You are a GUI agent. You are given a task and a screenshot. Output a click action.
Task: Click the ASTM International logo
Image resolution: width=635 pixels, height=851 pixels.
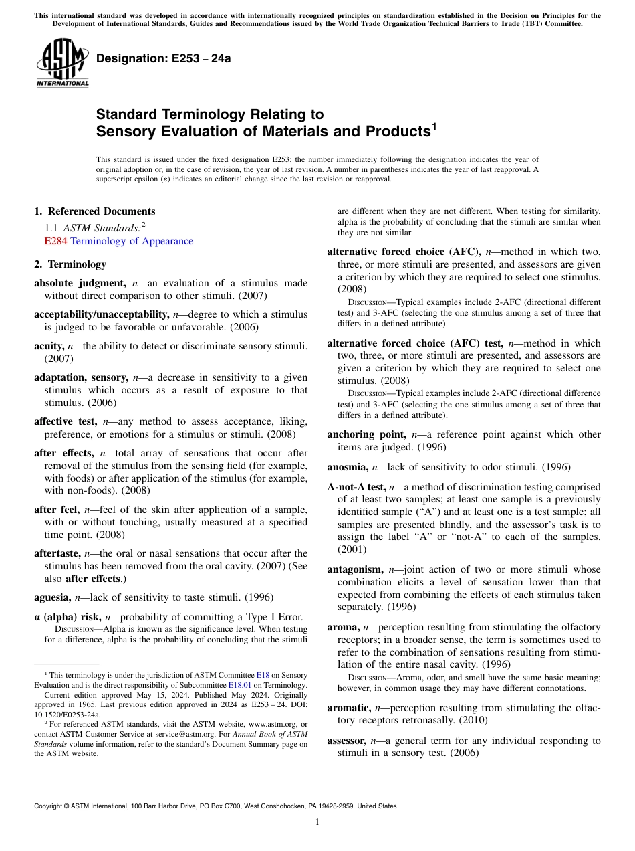pos(62,63)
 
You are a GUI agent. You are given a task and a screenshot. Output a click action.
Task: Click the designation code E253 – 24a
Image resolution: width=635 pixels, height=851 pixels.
pos(163,58)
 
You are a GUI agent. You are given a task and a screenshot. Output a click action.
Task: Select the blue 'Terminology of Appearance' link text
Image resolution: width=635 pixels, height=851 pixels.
pos(132,241)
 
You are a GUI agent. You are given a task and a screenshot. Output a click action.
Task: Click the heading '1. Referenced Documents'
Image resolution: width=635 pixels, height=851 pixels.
pos(94,211)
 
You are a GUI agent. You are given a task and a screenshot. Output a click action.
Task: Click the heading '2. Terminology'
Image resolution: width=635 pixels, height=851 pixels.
pos(70,264)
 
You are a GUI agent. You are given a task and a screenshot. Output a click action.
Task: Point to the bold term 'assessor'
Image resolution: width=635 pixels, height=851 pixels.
pos(346,741)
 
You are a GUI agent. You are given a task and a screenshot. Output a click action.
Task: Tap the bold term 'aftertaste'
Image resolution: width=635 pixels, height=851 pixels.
pos(57,553)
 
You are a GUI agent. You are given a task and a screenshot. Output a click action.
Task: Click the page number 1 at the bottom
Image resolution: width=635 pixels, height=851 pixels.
pos(317,822)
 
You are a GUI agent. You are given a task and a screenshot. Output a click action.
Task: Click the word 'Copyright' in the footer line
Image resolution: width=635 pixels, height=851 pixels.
pos(49,806)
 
